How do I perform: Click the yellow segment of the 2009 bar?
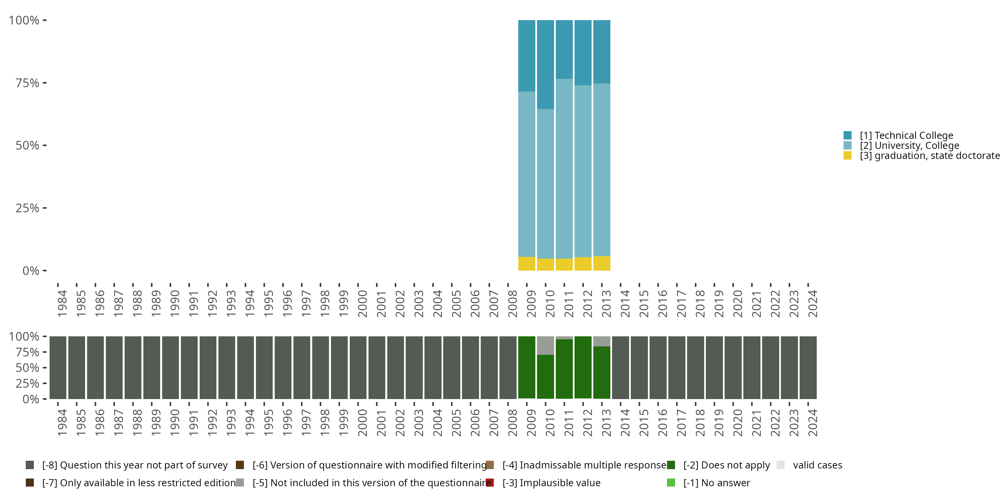526,264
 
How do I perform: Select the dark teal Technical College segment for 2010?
545,64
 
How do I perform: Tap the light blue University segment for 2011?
564,168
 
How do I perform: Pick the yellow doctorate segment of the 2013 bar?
602,263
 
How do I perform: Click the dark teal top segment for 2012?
583,52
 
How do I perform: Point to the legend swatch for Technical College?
848,135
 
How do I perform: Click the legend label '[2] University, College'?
910,146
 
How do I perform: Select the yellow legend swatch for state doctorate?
848,156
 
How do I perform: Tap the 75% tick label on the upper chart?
27,83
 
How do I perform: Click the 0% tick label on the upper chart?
31,271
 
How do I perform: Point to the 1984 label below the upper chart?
62,303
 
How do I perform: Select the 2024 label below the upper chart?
813,303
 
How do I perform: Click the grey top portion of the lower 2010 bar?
545,345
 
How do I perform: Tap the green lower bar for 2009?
526,367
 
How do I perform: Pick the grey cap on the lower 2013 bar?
602,341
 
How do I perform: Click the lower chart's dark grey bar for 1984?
58,368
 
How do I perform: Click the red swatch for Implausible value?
490,483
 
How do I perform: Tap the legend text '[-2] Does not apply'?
726,465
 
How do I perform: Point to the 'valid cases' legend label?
817,465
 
